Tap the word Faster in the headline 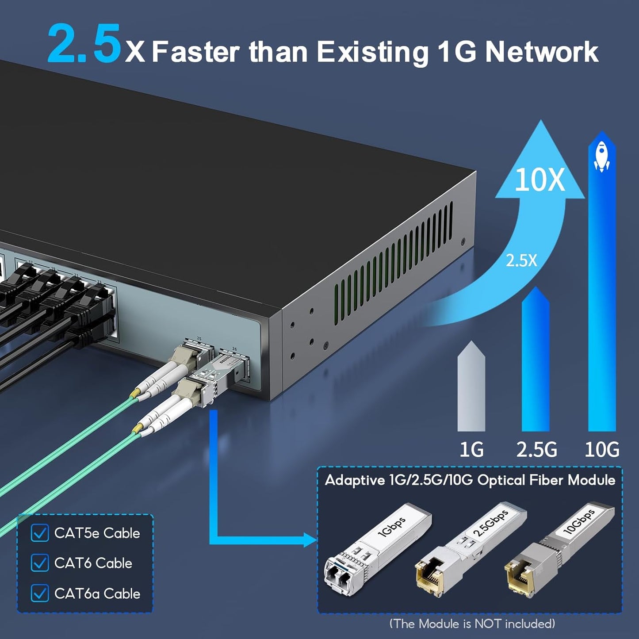pyautogui.click(x=196, y=52)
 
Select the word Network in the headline pyautogui.click(x=541, y=52)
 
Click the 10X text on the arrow pyautogui.click(x=540, y=180)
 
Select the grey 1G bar pyautogui.click(x=471, y=389)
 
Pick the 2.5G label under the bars pyautogui.click(x=536, y=450)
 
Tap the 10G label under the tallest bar pyautogui.click(x=602, y=450)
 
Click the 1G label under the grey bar pyautogui.click(x=471, y=450)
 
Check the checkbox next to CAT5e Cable pyautogui.click(x=40, y=533)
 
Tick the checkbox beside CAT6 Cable pyautogui.click(x=40, y=563)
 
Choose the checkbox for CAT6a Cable pyautogui.click(x=40, y=593)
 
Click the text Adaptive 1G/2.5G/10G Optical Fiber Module pyautogui.click(x=470, y=480)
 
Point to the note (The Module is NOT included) pyautogui.click(x=472, y=624)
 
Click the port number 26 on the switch pyautogui.click(x=234, y=349)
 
